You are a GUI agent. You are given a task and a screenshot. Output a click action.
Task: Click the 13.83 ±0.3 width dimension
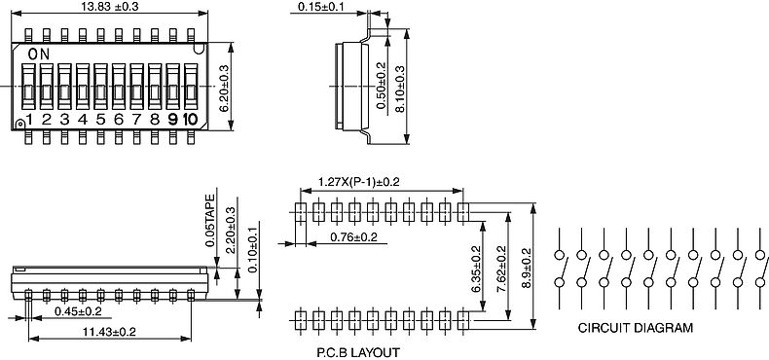click(x=110, y=7)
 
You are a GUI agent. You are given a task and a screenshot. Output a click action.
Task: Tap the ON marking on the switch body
click(x=39, y=54)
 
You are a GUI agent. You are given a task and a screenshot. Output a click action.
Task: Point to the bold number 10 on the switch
click(x=190, y=119)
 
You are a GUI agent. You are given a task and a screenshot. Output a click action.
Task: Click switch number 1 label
click(x=29, y=119)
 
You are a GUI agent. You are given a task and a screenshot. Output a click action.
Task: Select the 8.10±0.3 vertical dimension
click(x=399, y=90)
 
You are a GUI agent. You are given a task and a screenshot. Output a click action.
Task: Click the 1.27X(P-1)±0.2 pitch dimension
click(x=358, y=182)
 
